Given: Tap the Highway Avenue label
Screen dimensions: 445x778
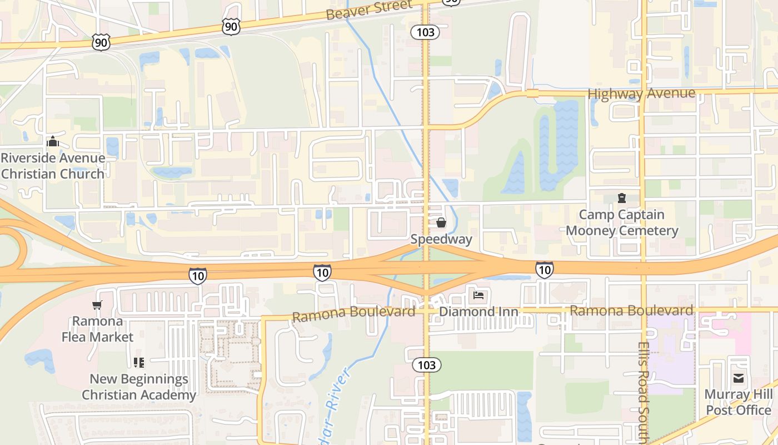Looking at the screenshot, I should click(x=641, y=93).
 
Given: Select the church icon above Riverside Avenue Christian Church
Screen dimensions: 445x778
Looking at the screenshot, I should click(x=53, y=142).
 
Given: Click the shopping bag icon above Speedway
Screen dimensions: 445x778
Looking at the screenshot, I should click(x=441, y=223).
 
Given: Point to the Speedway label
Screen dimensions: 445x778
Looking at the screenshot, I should click(x=441, y=240).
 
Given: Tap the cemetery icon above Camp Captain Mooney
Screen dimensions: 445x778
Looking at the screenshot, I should click(x=621, y=198).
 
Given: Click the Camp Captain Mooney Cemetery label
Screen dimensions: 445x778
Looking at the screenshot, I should click(x=622, y=222).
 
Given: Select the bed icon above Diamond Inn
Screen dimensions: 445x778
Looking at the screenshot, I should click(x=478, y=295).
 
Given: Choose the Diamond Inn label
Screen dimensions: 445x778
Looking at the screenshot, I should click(x=478, y=311).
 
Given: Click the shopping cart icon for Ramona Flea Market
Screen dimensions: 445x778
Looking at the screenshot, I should click(x=97, y=305).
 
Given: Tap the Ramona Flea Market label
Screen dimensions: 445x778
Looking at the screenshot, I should click(x=97, y=329).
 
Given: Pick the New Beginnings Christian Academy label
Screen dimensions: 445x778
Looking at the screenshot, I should click(x=139, y=387).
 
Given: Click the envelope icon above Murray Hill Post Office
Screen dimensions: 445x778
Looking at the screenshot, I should click(x=739, y=378).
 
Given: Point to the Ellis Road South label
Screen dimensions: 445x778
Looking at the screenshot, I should click(x=644, y=392).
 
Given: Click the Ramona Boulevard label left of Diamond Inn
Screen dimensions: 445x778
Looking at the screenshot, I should click(x=353, y=314).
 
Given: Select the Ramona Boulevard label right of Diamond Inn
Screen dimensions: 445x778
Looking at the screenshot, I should click(x=631, y=310).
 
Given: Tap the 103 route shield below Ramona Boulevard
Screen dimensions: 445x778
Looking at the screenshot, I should click(x=426, y=365).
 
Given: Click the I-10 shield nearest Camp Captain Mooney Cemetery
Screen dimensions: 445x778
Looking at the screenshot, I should click(x=545, y=270).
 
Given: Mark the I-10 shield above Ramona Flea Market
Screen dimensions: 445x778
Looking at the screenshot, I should click(x=197, y=275).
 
